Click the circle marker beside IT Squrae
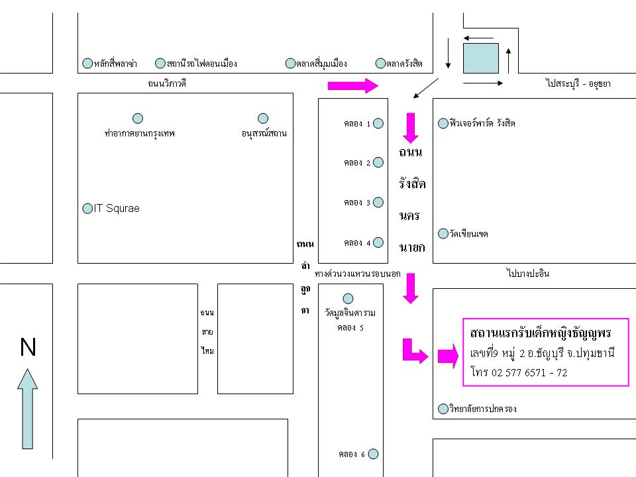pos(87,209)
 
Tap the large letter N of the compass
pos(28,347)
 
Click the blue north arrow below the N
pos(28,409)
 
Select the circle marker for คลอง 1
pos(378,123)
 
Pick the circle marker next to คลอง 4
pos(378,242)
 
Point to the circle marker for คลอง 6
pos(373,454)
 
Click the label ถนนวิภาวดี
pos(167,83)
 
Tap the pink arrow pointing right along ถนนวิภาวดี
pos(353,85)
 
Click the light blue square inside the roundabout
pos(481,58)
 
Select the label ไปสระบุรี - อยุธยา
pos(578,83)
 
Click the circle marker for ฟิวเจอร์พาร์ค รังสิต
pos(443,123)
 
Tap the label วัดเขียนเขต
pos(468,234)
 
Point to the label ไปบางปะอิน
pos(528,273)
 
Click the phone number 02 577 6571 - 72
pos(529,372)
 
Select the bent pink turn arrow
pos(415,351)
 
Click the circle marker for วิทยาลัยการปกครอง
pos(443,409)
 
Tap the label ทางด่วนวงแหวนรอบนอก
pos(357,274)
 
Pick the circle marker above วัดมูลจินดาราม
pos(348,299)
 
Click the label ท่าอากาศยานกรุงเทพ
pos(140,133)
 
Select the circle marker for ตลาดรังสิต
pos(380,64)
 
